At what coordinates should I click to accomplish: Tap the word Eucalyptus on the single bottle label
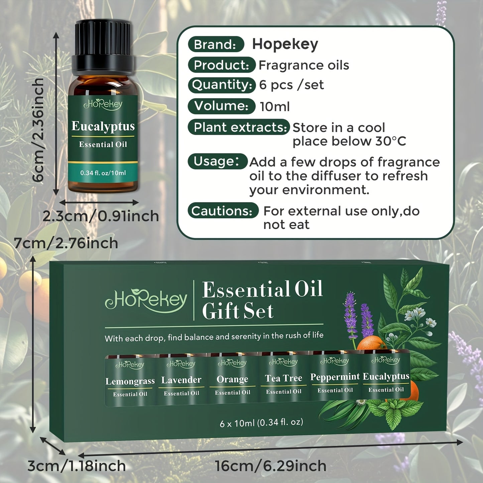[103, 126]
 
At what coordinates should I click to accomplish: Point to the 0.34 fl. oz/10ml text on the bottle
[103, 173]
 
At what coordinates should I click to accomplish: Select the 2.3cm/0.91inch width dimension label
[101, 216]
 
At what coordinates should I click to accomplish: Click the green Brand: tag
[216, 44]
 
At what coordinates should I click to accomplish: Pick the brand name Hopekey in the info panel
[285, 44]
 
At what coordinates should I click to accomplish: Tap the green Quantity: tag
[222, 85]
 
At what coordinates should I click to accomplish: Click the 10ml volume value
[275, 107]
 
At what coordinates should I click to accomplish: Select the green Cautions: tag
[223, 211]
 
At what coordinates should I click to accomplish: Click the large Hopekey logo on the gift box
[146, 300]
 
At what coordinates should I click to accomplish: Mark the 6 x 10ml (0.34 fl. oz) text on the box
[261, 422]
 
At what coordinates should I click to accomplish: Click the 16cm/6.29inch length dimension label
[270, 466]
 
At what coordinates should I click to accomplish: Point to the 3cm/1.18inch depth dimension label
[77, 466]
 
